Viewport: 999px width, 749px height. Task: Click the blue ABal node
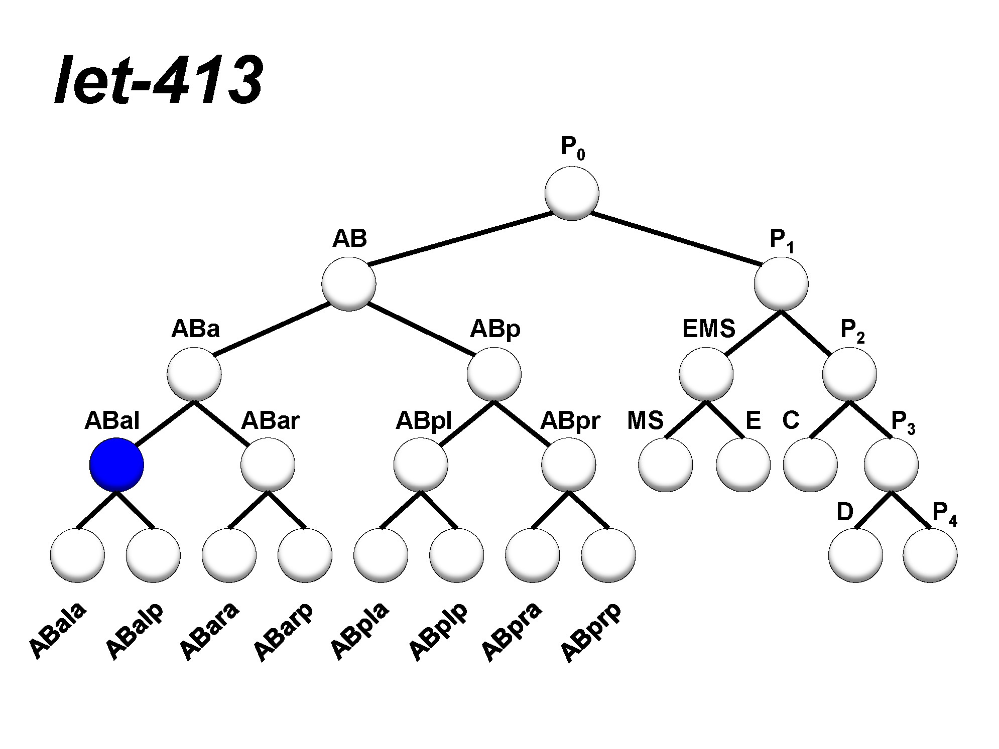116,465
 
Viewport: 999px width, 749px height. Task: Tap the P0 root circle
572,193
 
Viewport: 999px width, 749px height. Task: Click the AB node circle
349,283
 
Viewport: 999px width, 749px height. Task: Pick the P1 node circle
781,283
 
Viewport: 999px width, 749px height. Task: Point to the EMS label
708,329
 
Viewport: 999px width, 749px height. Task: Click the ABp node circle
494,374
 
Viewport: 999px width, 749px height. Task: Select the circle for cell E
743,465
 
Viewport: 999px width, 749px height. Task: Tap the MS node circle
666,465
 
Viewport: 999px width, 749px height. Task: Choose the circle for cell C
810,465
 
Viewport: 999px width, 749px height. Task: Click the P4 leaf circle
930,555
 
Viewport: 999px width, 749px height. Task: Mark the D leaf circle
855,555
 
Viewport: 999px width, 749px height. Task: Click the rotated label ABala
57,629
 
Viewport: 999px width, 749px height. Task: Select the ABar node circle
268,465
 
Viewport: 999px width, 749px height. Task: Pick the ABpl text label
424,420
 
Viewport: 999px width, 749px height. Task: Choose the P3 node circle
891,465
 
